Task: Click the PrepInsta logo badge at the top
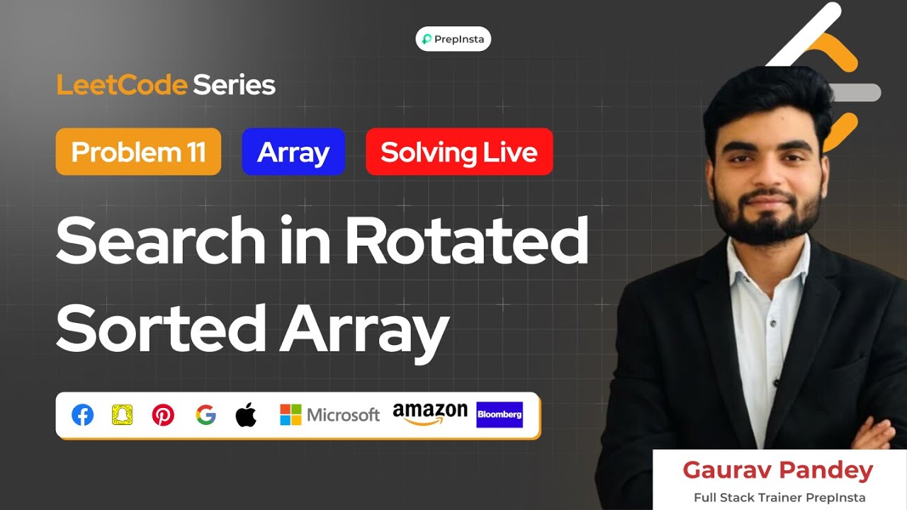point(453,39)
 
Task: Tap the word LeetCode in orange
point(122,86)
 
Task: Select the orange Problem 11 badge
point(138,152)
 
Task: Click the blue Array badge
point(293,152)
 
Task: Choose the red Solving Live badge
point(458,152)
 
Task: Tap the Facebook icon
point(83,415)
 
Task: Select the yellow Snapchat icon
point(122,415)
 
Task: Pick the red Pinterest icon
point(163,415)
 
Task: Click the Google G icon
point(205,415)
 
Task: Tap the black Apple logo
point(246,415)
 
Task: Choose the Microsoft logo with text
point(329,415)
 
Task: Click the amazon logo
point(430,414)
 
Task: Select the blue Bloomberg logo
point(500,414)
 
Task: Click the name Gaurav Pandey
point(777,470)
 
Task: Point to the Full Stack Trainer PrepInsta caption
point(779,497)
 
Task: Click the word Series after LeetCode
point(234,86)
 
